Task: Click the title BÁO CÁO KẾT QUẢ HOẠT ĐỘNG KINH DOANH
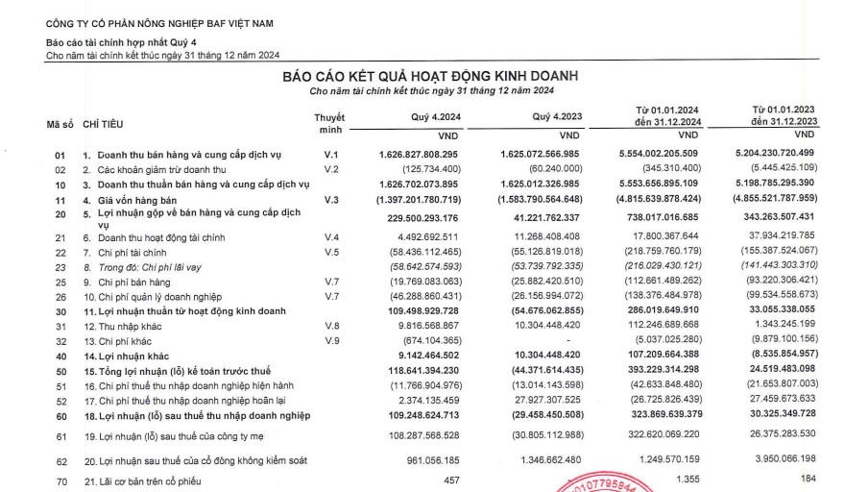coord(430,76)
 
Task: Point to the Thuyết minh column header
coord(329,122)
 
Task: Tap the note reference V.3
coord(331,199)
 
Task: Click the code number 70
coord(59,480)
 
